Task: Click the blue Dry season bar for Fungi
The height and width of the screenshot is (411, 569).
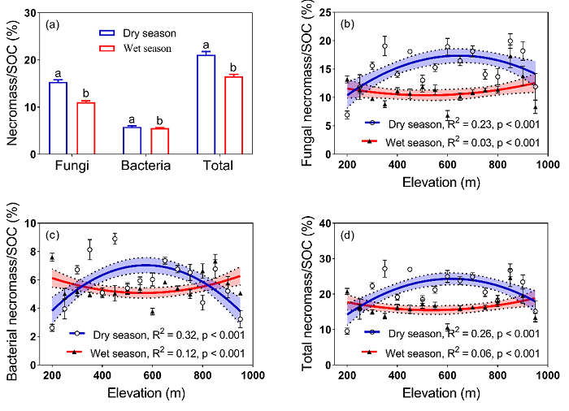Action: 58,118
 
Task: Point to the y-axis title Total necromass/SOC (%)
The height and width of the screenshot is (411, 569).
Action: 308,296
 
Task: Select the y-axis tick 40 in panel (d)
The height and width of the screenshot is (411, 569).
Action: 328,223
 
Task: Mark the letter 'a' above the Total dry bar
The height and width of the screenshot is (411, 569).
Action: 206,45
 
